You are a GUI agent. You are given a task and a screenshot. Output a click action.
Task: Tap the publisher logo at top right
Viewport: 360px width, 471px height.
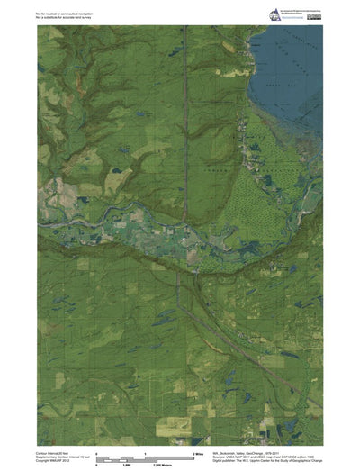click(274, 13)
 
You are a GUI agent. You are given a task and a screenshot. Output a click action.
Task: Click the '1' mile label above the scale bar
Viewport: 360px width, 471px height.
click(145, 453)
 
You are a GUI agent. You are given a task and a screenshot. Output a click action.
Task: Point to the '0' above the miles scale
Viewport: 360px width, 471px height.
click(96, 453)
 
